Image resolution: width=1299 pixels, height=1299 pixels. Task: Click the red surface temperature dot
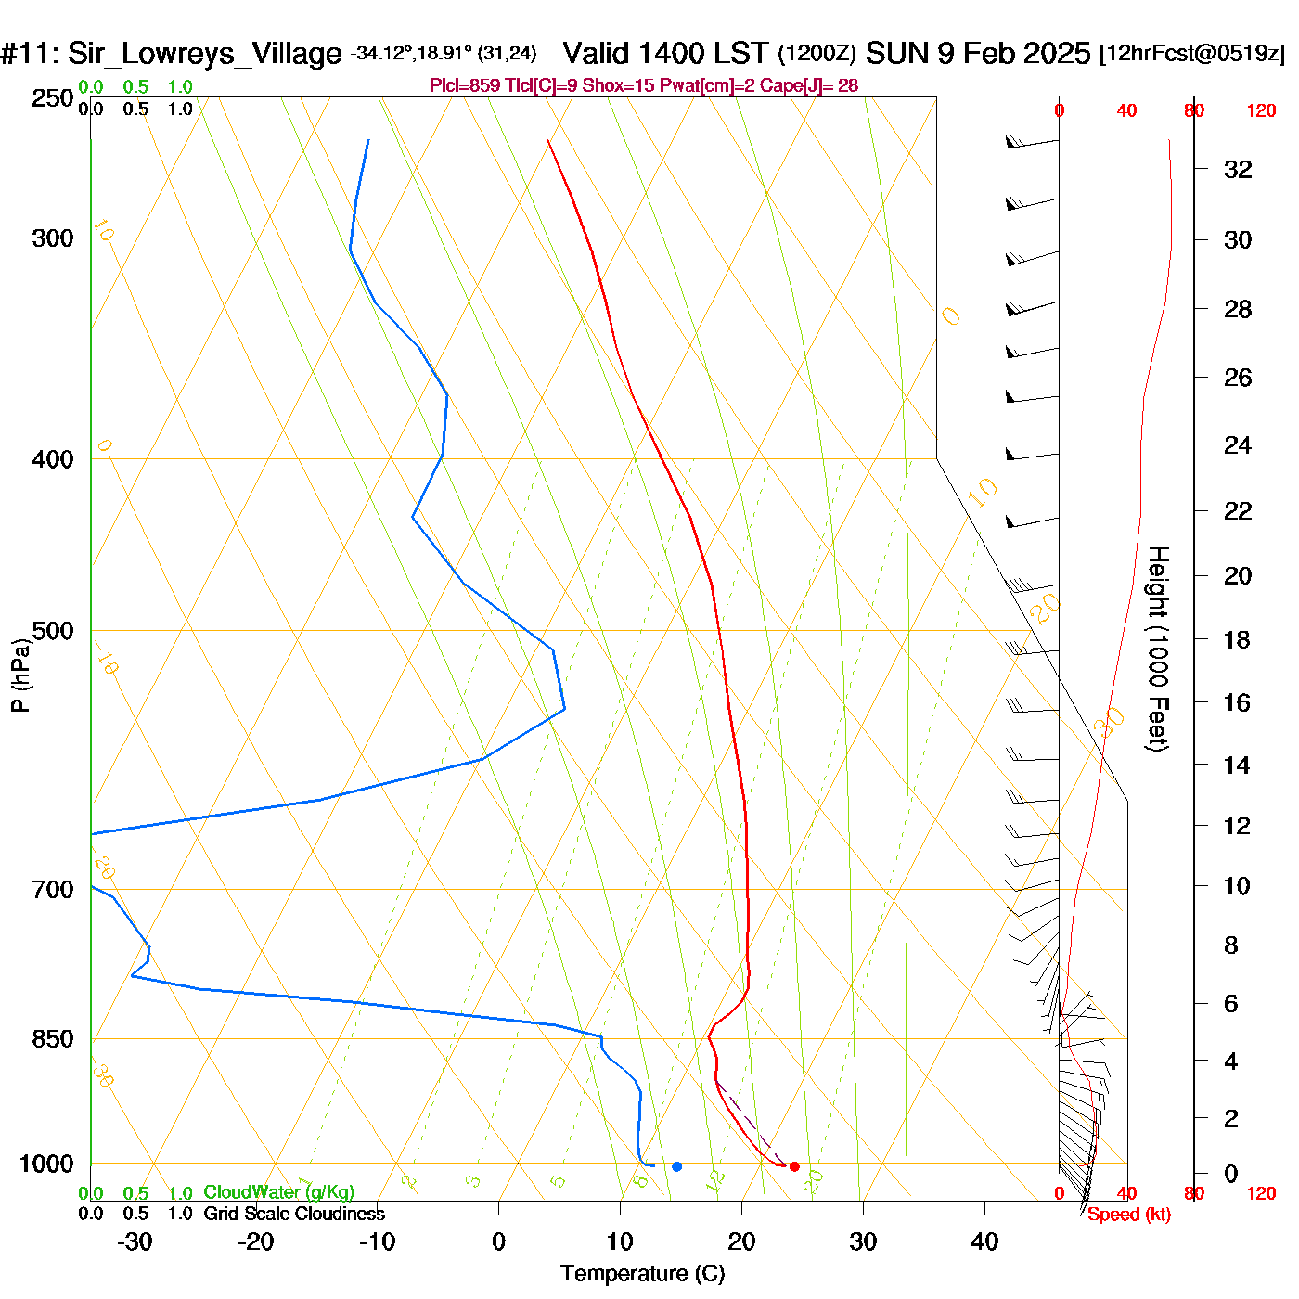pyautogui.click(x=794, y=1166)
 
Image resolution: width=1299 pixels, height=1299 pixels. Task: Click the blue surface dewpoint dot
pyautogui.click(x=676, y=1166)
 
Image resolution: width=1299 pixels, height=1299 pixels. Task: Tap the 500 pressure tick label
pyautogui.click(x=52, y=631)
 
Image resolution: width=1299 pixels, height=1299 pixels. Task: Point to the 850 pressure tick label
pyautogui.click(x=52, y=1039)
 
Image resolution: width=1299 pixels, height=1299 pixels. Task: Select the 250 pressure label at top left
pyautogui.click(x=52, y=98)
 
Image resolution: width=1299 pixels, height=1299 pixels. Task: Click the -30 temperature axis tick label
pyautogui.click(x=135, y=1241)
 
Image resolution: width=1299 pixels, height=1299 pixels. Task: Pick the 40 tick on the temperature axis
pyautogui.click(x=984, y=1241)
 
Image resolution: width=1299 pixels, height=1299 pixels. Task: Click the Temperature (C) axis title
pyautogui.click(x=642, y=1274)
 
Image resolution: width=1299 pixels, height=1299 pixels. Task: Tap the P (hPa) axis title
pyautogui.click(x=20, y=675)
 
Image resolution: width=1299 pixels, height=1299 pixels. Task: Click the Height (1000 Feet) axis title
pyautogui.click(x=1157, y=649)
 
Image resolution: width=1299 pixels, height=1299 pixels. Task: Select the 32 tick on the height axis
pyautogui.click(x=1238, y=170)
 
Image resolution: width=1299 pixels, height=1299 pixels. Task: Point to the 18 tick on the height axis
pyautogui.click(x=1237, y=640)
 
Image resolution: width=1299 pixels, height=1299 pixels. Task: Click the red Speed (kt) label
pyautogui.click(x=1129, y=1215)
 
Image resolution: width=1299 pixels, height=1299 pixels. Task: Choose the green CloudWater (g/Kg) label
pyautogui.click(x=278, y=1192)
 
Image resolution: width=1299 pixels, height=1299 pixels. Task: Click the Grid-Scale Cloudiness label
pyautogui.click(x=294, y=1214)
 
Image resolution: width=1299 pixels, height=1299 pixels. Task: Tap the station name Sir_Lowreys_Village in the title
pyautogui.click(x=204, y=54)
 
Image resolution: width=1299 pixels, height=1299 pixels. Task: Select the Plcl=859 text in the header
pyautogui.click(x=465, y=86)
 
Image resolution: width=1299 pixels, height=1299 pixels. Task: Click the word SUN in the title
pyautogui.click(x=897, y=54)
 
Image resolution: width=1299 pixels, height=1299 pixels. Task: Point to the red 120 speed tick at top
pyautogui.click(x=1261, y=111)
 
